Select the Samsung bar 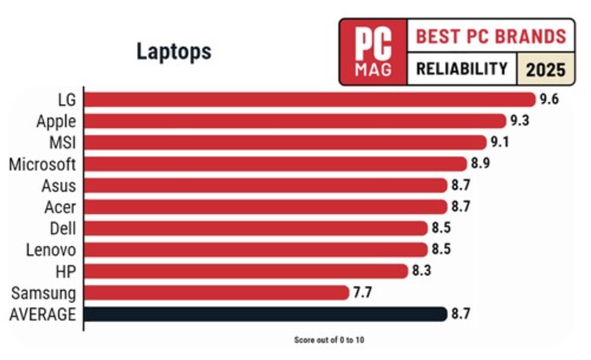(x=216, y=292)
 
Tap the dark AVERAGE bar (x=265, y=314)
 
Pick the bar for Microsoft (x=275, y=164)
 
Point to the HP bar (x=245, y=271)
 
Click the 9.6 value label (x=548, y=99)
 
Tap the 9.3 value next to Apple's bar (x=519, y=121)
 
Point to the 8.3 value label (x=421, y=271)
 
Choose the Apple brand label (x=56, y=121)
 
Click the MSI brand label (x=61, y=142)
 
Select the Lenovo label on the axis (x=51, y=249)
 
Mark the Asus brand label (x=58, y=185)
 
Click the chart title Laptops (x=173, y=52)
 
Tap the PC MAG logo (x=373, y=52)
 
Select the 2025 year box (x=546, y=70)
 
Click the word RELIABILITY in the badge (x=462, y=69)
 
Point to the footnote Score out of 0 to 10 (x=334, y=339)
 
